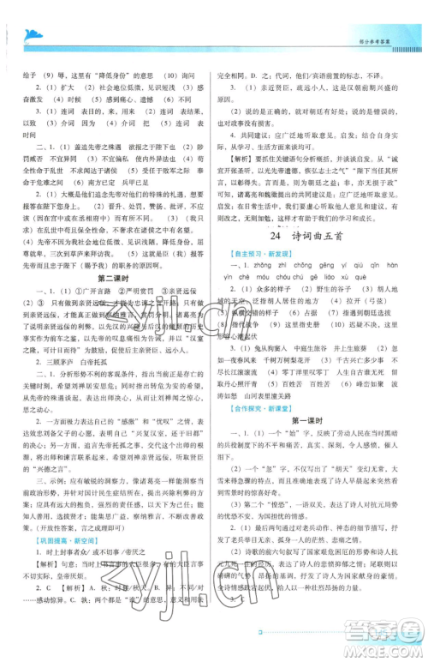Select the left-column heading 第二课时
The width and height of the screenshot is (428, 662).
pos(109,278)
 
